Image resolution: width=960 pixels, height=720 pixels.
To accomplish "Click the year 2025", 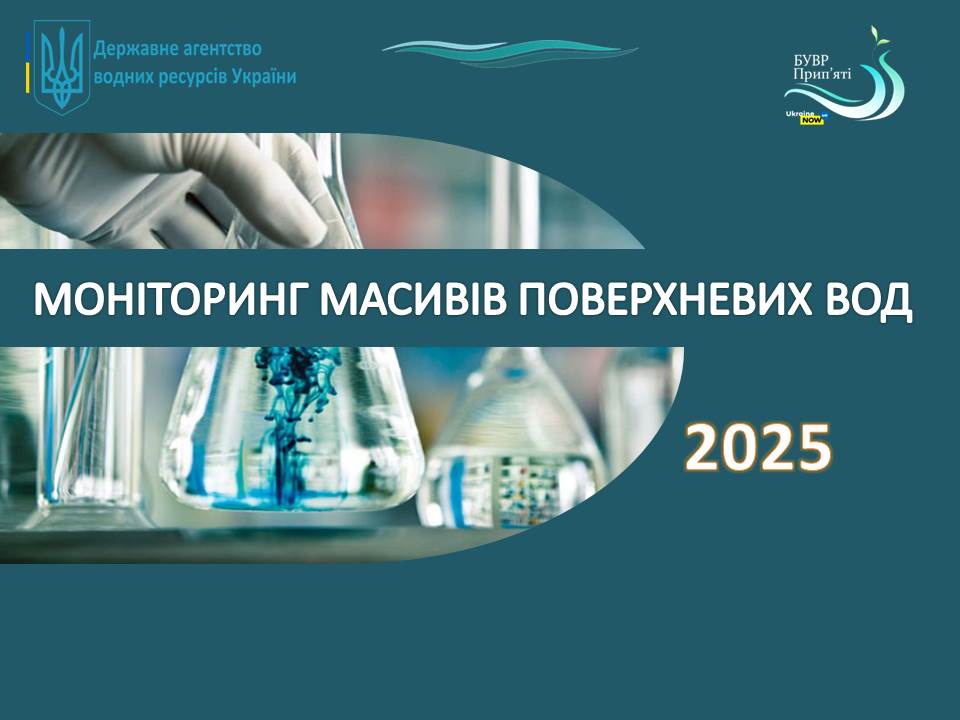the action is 758,448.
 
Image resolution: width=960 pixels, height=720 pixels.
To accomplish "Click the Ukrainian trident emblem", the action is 61,67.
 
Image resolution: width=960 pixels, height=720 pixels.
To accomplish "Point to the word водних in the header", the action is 124,77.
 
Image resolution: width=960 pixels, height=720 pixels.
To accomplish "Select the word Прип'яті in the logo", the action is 822,75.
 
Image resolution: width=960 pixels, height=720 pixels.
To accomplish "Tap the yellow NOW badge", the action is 812,120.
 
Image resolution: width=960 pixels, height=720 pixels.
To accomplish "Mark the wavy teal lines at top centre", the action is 509,52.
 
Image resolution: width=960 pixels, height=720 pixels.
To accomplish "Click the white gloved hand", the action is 171,190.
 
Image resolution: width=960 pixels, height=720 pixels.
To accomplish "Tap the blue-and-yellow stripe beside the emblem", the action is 28,63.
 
